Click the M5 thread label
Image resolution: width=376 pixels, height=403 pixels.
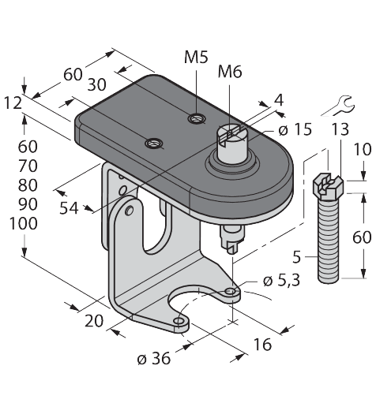pos(195,58)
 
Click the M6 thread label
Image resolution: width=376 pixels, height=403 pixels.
pos(229,74)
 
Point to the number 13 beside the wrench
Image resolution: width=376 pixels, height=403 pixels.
pos(340,130)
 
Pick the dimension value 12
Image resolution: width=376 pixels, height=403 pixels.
pos(11,103)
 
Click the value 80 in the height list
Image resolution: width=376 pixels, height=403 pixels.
pos(28,185)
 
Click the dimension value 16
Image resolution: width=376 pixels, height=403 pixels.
pos(263,344)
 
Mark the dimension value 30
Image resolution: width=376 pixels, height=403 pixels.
pos(97,83)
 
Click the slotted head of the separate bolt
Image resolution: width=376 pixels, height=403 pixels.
pos(331,184)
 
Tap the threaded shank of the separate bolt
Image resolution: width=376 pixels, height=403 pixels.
pos(332,237)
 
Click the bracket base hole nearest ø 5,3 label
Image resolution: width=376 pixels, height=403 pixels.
pos(230,293)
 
